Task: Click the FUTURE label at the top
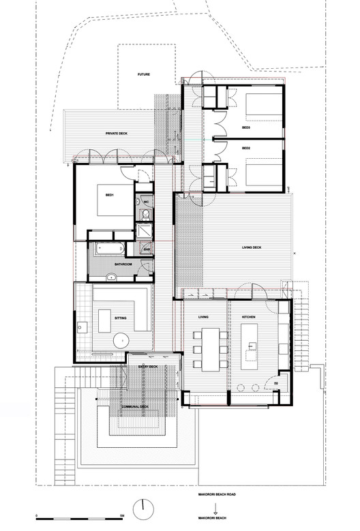tap(143, 74)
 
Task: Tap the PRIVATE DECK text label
tap(117, 134)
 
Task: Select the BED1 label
tap(109, 194)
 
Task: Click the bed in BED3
tap(262, 106)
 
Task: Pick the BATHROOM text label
tap(123, 264)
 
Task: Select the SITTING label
tap(120, 318)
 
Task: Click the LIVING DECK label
tap(252, 247)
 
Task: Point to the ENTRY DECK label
tap(148, 367)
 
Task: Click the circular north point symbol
tap(145, 508)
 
